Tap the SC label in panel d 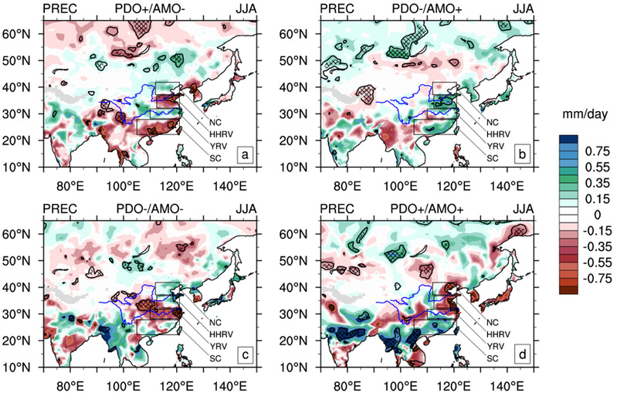click(x=491, y=357)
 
